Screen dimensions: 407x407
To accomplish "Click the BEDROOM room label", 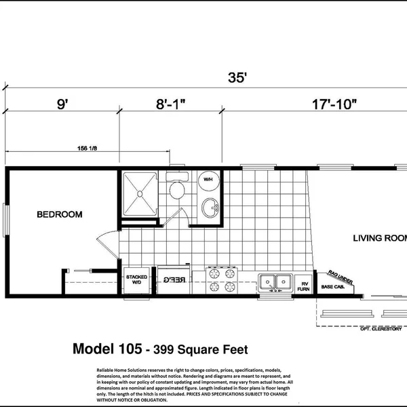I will click(59, 214).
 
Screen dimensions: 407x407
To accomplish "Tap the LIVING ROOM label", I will click(379, 237).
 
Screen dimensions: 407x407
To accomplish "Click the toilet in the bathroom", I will click(178, 188).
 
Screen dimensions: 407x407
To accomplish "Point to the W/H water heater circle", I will click(208, 180).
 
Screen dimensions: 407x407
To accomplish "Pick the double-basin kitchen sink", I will click(275, 280).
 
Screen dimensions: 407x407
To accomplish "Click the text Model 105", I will click(105, 350).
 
